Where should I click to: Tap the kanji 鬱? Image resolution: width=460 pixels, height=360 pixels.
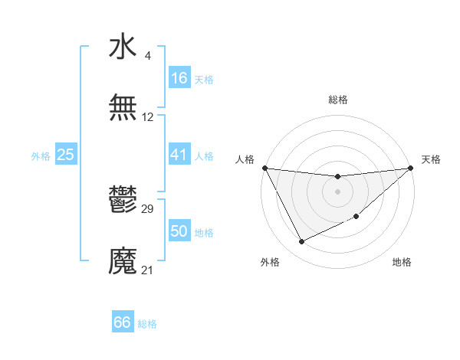[x=123, y=201]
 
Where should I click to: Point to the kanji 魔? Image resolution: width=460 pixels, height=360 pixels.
[x=123, y=261]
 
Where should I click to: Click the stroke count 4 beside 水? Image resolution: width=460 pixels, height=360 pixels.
[x=147, y=56]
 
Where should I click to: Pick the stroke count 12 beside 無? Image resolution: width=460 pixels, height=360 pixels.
[x=148, y=117]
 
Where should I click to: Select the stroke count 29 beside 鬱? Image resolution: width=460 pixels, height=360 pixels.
[x=148, y=209]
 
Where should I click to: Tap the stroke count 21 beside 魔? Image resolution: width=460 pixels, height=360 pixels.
[x=148, y=270]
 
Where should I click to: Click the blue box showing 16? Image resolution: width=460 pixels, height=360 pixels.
[x=179, y=78]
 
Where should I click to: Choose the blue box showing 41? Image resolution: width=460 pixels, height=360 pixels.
[x=179, y=155]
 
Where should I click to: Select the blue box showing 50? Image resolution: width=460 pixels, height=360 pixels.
[x=179, y=231]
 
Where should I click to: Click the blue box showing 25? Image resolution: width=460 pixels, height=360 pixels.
[x=66, y=155]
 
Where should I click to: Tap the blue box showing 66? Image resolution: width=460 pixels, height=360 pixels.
[x=123, y=322]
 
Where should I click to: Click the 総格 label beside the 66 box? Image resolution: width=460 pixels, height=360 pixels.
[x=147, y=324]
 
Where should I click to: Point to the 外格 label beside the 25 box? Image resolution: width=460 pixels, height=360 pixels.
[x=41, y=155]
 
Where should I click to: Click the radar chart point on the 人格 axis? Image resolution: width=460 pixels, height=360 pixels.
[x=264, y=168]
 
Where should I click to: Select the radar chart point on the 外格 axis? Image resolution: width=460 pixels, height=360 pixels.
[x=301, y=242]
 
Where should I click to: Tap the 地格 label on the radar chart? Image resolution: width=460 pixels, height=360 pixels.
[x=402, y=263]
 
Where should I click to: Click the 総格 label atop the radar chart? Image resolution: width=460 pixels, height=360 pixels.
[x=337, y=100]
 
